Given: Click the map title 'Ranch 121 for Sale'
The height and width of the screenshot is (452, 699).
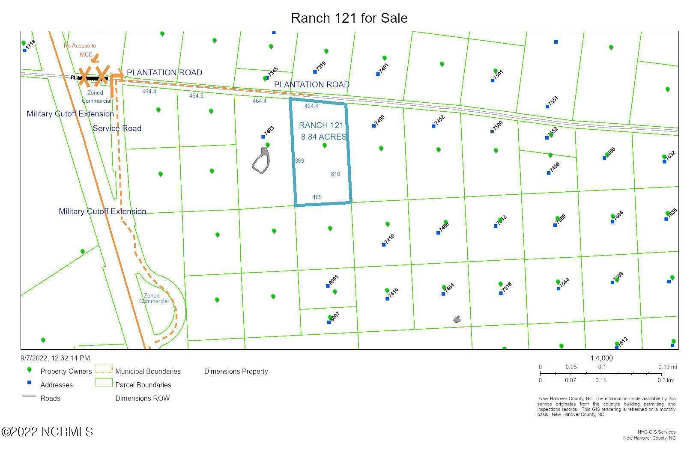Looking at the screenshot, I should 349,18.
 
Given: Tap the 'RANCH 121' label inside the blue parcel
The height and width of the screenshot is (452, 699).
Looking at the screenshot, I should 321,125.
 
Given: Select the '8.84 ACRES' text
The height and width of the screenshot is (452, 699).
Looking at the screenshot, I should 324,137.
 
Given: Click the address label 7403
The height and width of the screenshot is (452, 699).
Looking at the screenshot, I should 269,131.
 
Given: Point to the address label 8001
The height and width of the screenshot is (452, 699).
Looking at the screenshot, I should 334,280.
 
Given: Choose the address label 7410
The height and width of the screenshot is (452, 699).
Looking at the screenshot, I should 389,239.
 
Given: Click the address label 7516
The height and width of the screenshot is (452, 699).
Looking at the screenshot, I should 506,287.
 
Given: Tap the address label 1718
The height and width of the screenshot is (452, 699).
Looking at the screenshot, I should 30,45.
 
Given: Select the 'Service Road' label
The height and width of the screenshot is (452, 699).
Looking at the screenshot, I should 117,128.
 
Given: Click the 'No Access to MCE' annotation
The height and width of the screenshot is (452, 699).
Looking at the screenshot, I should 80,50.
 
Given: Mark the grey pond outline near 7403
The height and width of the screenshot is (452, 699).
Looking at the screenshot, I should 261,161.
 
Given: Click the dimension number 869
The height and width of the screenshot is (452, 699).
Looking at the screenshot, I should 299,161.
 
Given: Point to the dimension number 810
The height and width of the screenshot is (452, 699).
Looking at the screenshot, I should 335,174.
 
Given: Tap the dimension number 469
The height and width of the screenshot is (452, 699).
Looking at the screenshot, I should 317,197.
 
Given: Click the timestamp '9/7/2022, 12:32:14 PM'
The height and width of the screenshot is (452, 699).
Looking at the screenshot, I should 55,358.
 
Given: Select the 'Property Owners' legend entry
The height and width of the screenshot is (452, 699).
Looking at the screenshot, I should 66,371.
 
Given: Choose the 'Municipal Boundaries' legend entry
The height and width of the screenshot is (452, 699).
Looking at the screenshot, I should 148,371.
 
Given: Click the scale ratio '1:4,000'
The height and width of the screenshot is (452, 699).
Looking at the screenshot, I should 601,358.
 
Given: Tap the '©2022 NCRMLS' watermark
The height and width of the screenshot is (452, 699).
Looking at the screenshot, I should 47,431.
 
